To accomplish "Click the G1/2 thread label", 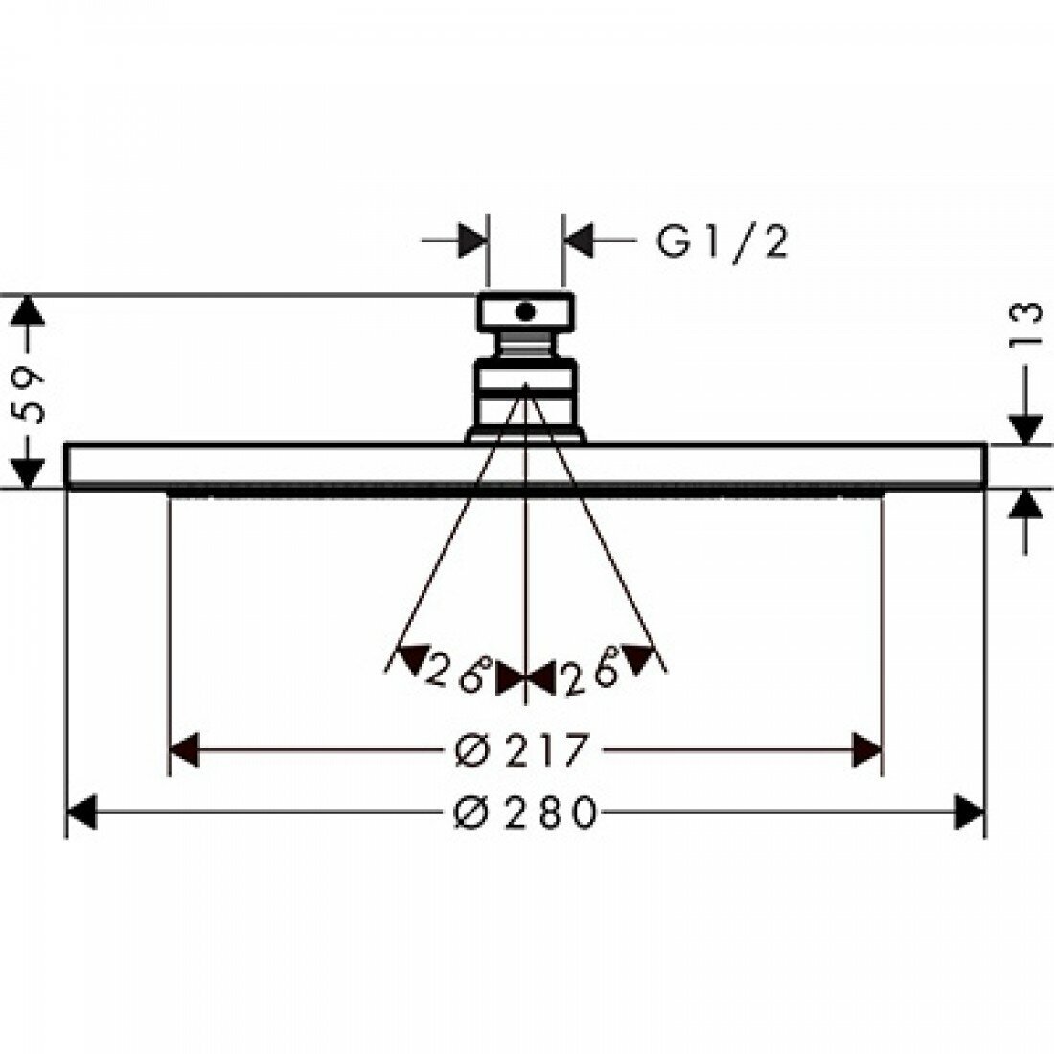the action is click(x=722, y=241).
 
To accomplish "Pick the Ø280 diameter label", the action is click(x=525, y=812).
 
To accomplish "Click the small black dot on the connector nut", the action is click(x=525, y=311).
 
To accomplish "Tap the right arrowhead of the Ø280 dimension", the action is click(x=970, y=812).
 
